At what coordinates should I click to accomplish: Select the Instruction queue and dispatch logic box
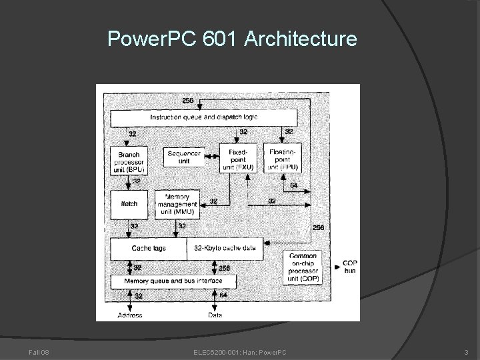203,117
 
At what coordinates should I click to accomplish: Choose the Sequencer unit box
184,157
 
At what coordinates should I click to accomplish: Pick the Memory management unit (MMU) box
177,204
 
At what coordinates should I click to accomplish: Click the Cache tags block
148,248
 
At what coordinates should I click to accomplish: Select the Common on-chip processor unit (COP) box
303,267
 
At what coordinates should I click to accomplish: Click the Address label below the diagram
129,315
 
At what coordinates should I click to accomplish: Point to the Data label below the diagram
215,315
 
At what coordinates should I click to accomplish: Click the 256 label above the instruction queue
188,100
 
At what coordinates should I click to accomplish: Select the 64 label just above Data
224,295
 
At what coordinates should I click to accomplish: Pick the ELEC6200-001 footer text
212,351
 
